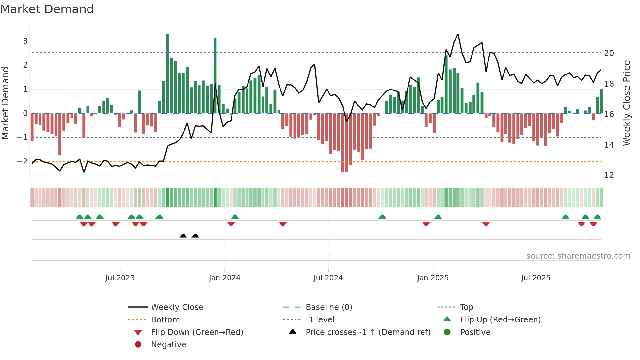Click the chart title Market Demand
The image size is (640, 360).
coord(47,9)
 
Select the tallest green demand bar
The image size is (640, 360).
coord(167,74)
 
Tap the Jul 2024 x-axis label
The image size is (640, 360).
coord(328,278)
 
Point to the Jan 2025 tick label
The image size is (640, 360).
coord(433,278)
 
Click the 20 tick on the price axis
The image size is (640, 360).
coord(609,53)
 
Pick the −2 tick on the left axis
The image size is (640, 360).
coord(22,161)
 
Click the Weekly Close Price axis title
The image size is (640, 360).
coord(626,103)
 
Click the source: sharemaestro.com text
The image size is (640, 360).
coord(578,256)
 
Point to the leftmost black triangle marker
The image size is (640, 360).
coord(183,236)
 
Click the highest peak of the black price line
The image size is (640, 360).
coord(458,34)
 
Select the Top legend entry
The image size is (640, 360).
coord(466,307)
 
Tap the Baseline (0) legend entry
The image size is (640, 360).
coord(328,307)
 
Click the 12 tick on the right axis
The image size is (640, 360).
coord(609,175)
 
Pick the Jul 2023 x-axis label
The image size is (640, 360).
coord(120,278)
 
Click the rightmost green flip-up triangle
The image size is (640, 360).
coord(597,217)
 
